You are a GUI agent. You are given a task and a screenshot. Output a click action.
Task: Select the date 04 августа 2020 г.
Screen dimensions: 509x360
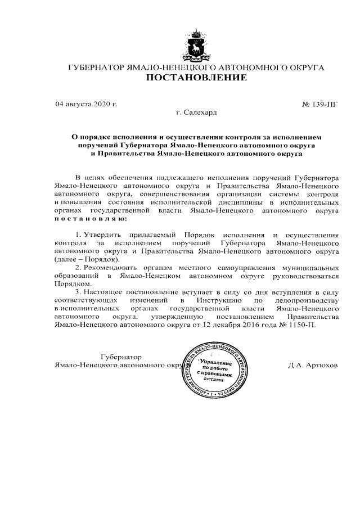point(86,104)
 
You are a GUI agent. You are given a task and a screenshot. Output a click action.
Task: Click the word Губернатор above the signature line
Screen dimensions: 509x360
point(120,357)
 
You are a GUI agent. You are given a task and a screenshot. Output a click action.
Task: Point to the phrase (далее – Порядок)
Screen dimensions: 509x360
point(86,260)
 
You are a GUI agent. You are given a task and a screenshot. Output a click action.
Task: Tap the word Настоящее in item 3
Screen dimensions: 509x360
point(103,293)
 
